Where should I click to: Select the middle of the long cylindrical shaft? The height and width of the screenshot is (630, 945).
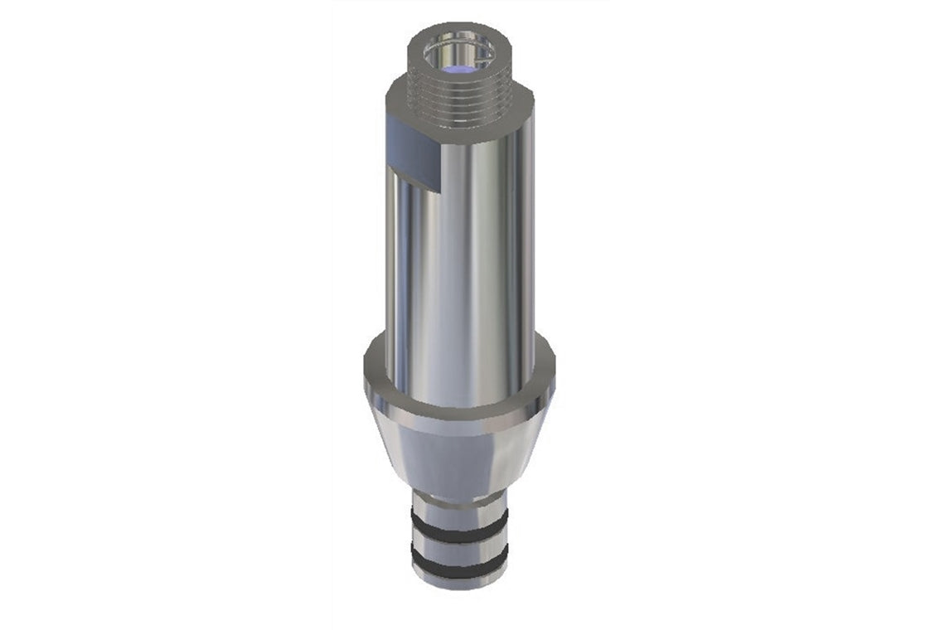tap(460, 265)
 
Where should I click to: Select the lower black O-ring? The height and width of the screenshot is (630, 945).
tap(460, 565)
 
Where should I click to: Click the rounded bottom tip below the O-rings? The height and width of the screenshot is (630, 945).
tap(460, 581)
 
